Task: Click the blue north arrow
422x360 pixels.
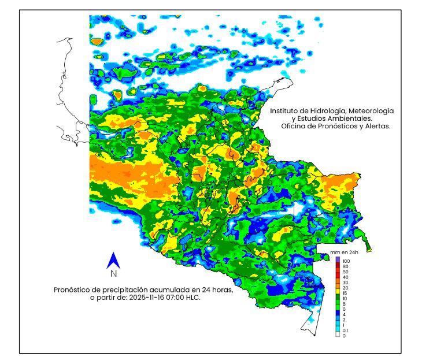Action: click(114, 261)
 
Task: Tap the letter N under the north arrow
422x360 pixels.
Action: click(114, 273)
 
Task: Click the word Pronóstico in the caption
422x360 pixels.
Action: click(74, 290)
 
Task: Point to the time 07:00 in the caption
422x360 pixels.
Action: click(175, 298)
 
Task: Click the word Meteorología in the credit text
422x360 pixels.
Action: click(371, 110)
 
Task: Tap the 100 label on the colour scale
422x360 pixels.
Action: click(346, 261)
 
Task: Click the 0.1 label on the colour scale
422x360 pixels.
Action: click(345, 330)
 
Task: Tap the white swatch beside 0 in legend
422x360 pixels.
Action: click(337, 336)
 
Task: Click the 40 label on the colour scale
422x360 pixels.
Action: click(345, 278)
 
